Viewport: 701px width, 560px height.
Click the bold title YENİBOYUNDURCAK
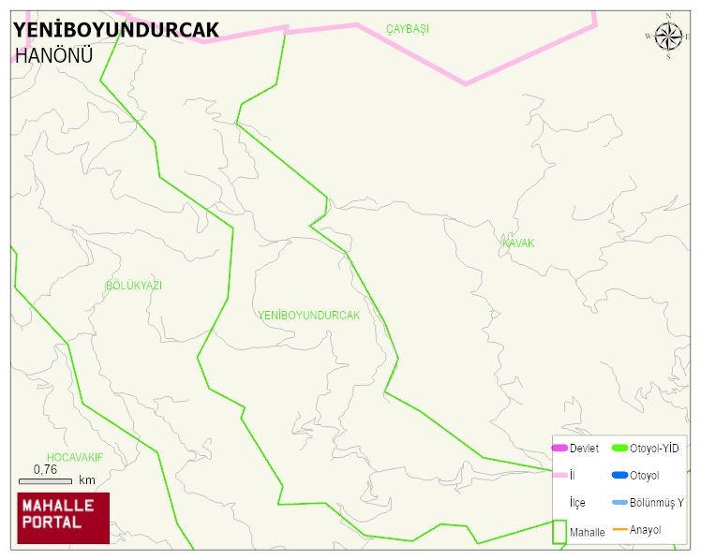pos(116,30)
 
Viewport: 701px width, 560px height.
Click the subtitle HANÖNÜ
pos(54,55)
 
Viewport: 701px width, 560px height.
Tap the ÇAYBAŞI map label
pos(408,29)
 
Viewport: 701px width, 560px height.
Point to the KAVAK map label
pos(518,243)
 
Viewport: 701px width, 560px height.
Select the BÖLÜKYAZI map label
pos(134,286)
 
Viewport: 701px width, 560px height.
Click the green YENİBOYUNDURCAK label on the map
pos(308,316)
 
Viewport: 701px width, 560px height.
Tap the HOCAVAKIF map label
pos(75,457)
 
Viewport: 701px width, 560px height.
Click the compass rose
pos(668,37)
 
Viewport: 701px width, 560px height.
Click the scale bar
pos(44,480)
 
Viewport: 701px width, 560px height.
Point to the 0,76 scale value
pos(45,469)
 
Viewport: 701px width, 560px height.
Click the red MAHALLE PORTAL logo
pos(63,518)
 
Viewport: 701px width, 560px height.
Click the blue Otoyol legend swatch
pos(619,476)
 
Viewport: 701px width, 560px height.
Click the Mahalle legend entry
pos(587,532)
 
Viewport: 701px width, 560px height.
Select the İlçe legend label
pos(577,503)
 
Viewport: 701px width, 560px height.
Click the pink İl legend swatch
pos(559,476)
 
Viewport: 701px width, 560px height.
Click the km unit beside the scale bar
pos(87,480)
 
